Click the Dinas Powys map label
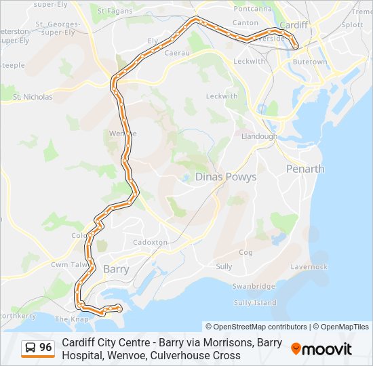click(x=226, y=177)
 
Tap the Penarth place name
click(x=305, y=169)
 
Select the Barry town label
click(x=116, y=268)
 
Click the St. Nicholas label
click(x=33, y=97)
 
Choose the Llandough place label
click(x=259, y=136)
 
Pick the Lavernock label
click(x=309, y=267)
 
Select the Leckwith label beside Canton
click(x=249, y=61)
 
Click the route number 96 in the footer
click(x=45, y=348)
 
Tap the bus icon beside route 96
click(x=31, y=348)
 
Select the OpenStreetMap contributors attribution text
click(x=256, y=327)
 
